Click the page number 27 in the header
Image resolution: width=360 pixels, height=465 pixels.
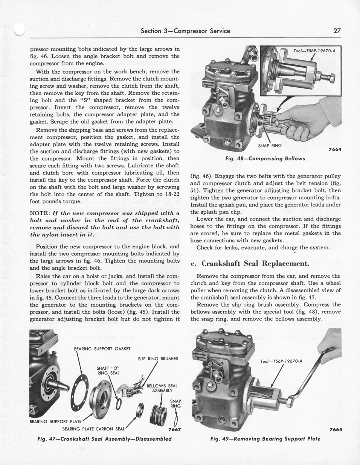click(337, 31)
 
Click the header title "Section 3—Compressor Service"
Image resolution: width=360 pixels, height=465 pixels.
click(185, 31)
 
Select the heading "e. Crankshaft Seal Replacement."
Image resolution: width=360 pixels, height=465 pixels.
click(250, 263)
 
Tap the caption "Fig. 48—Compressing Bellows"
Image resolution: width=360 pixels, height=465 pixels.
click(265, 158)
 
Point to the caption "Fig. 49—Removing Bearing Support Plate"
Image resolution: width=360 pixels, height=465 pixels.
click(265, 439)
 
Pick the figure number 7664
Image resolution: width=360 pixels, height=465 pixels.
click(334, 149)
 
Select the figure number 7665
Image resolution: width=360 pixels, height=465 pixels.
click(335, 430)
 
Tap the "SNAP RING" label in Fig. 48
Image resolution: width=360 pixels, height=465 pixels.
click(270, 145)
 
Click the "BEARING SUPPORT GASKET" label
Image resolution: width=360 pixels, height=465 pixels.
click(102, 349)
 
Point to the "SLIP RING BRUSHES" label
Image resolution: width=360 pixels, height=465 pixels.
click(158, 359)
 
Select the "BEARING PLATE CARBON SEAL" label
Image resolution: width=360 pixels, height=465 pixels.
click(93, 429)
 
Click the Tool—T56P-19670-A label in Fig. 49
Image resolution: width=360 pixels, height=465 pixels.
click(281, 362)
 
